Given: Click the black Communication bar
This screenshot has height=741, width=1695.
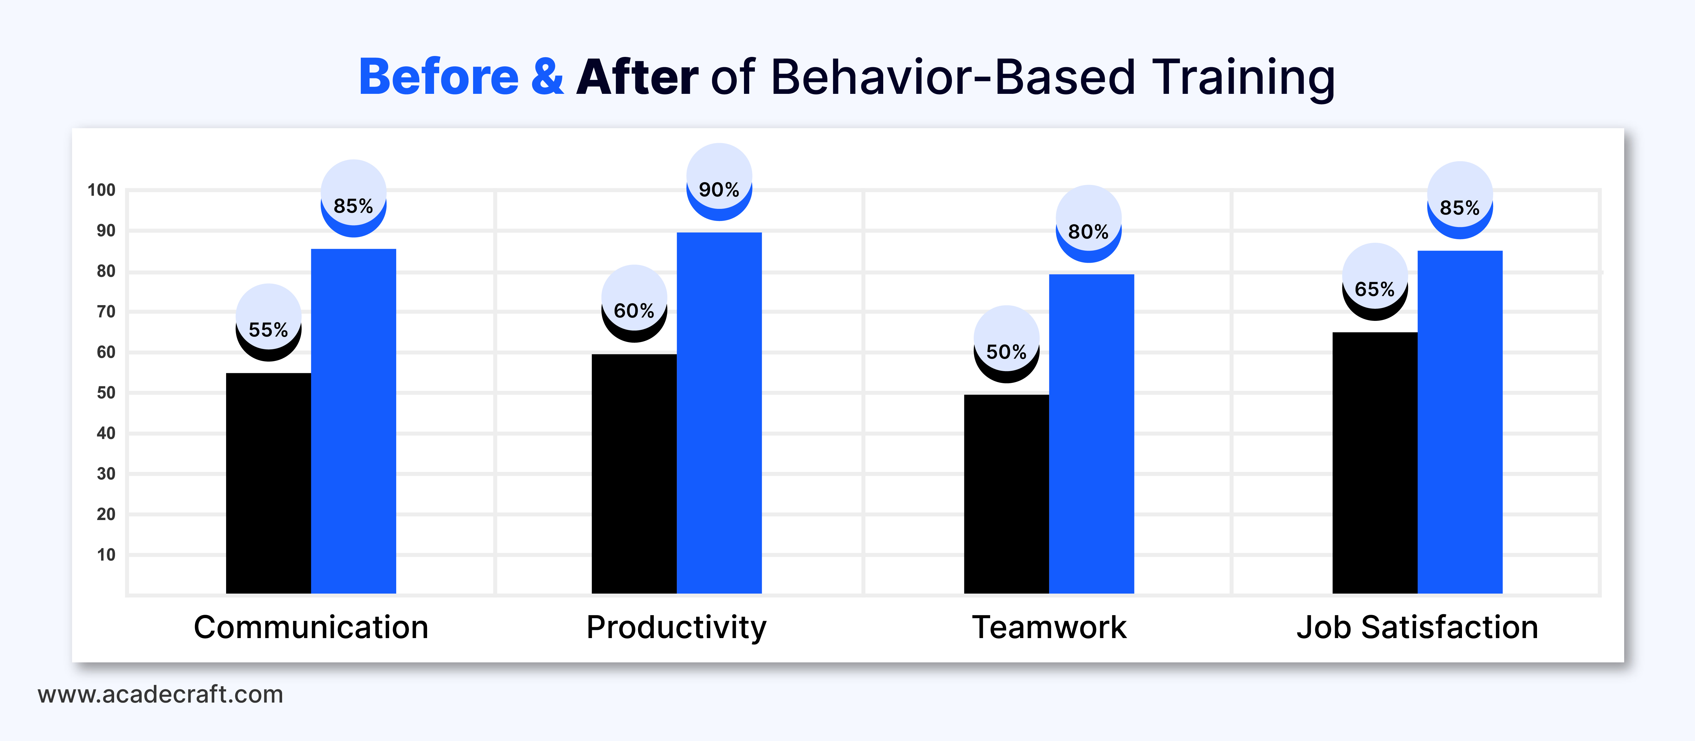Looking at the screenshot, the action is (268, 483).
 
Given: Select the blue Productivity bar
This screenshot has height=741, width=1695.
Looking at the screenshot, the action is (719, 413).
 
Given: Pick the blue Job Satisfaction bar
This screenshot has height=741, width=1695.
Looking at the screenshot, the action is (1460, 422).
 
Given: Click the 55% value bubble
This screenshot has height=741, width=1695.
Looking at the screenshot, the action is (268, 322).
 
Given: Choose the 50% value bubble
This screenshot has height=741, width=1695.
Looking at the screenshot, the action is (1007, 344).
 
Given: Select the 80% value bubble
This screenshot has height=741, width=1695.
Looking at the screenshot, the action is (1089, 224).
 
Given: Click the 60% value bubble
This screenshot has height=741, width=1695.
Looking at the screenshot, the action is (634, 303).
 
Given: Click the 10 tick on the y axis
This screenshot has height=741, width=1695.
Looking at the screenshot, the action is (106, 555).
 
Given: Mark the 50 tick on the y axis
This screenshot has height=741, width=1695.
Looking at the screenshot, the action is (106, 393).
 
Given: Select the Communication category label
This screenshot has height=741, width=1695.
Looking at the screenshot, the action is (311, 627).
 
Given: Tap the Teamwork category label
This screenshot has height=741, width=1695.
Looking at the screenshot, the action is (1049, 627).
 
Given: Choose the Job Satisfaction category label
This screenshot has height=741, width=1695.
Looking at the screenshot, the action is (1418, 627).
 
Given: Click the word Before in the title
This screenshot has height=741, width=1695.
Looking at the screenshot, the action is (439, 77).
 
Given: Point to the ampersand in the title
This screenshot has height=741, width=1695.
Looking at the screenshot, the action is (548, 77).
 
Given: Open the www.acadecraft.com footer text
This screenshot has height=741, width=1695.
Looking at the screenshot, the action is (160, 694).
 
